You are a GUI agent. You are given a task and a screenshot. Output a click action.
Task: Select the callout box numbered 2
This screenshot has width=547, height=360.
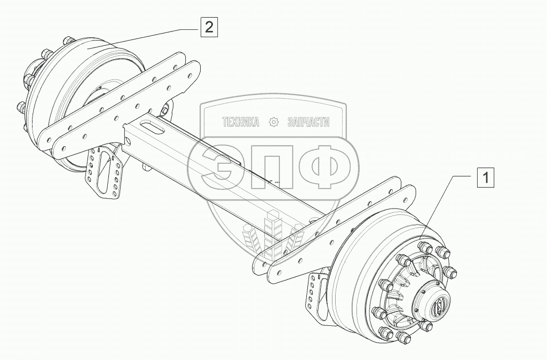tap(209, 27)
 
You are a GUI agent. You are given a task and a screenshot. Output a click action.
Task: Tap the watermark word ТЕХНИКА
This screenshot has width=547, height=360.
tap(241, 123)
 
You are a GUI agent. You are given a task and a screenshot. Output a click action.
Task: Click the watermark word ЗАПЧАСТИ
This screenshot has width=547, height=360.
tap(308, 123)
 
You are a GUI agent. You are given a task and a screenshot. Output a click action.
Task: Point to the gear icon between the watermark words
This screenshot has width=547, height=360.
tap(274, 123)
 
